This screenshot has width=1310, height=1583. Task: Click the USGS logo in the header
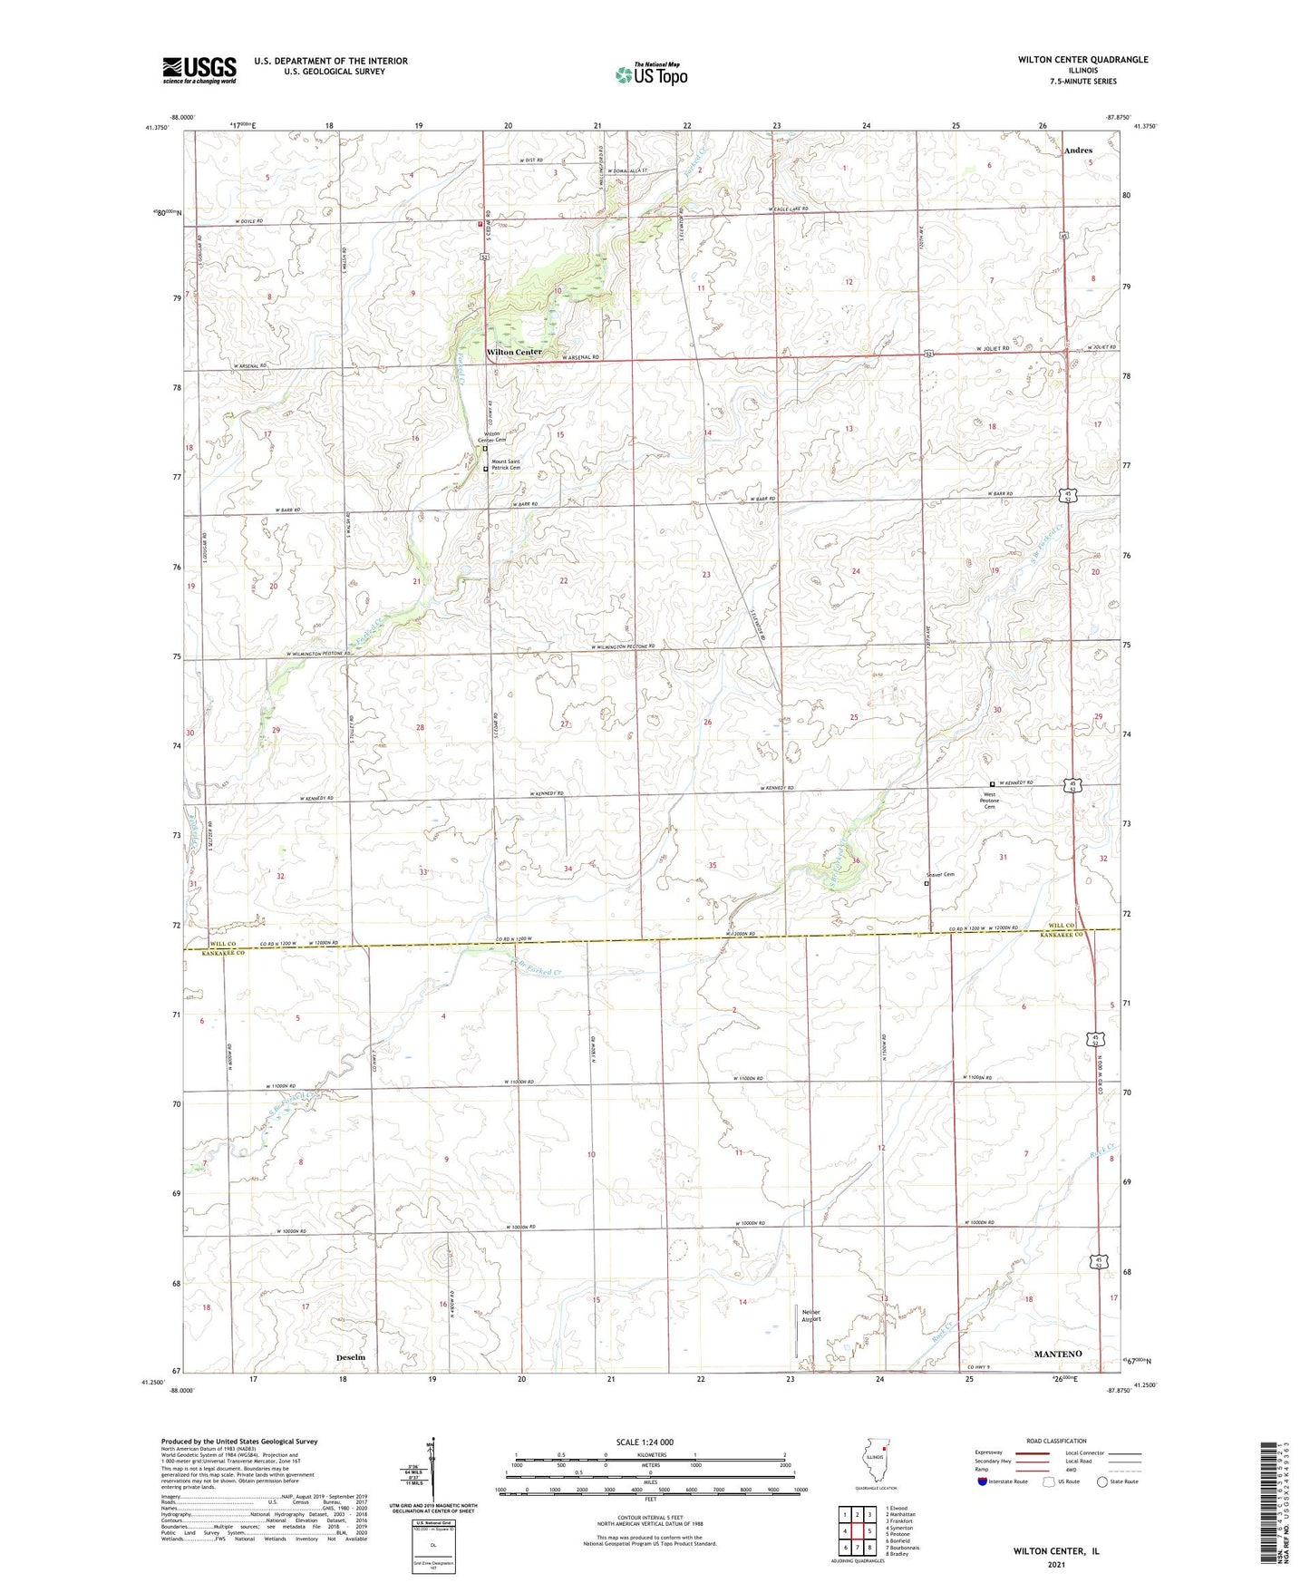coord(199,70)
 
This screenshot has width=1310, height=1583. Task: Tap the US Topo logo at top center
coord(651,73)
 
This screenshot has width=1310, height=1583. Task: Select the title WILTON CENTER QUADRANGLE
coord(1082,60)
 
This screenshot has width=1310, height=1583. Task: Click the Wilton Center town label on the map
coord(514,352)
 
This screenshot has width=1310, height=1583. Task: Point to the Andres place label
coord(1078,151)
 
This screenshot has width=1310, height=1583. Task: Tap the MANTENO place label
coord(1058,1354)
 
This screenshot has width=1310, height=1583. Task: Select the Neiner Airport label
coord(811,1316)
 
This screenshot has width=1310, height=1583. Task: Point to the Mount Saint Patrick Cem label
coord(506,465)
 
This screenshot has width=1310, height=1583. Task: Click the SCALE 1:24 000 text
coord(645,1442)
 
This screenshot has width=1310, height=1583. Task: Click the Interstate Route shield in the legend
coord(983,1481)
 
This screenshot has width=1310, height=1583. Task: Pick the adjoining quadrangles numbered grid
coord(857,1531)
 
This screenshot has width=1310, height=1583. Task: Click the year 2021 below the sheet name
coord(1056,1565)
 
